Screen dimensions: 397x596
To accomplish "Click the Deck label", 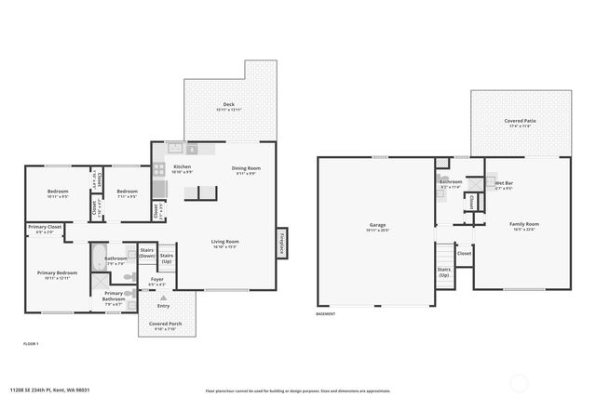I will tap(228, 106).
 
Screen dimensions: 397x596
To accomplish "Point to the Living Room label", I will tap(225, 244).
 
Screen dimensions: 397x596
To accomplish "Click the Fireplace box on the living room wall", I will tap(281, 244).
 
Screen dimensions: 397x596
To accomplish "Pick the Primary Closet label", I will tap(44, 228).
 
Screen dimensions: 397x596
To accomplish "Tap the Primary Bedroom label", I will tap(58, 274).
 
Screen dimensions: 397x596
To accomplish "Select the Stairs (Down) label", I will tap(146, 252).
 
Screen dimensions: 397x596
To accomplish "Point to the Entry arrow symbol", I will tap(164, 297).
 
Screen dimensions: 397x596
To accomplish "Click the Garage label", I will tap(377, 226).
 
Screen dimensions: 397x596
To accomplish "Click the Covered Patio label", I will tap(520, 122).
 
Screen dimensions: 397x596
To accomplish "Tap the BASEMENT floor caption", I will tap(326, 314).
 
